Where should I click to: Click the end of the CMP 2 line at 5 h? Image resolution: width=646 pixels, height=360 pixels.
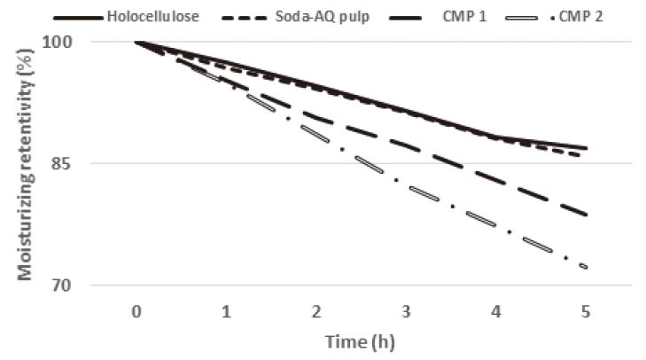pos(586,266)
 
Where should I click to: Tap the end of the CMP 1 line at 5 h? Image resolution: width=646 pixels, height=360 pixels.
pos(586,214)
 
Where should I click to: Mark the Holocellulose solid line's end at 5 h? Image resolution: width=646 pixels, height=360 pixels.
pos(586,148)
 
